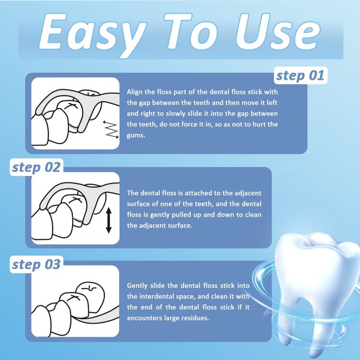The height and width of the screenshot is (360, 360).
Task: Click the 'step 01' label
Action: [x=300, y=76]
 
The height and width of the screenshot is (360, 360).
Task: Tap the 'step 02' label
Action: [x=36, y=167]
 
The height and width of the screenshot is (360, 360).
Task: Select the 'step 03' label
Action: [x=36, y=265]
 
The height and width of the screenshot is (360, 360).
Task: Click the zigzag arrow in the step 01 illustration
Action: [x=111, y=129]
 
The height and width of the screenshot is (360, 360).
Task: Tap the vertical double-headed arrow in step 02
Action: [x=108, y=220]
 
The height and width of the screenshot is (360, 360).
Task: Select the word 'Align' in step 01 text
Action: [x=135, y=92]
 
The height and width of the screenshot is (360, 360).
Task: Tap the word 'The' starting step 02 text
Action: [x=132, y=193]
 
